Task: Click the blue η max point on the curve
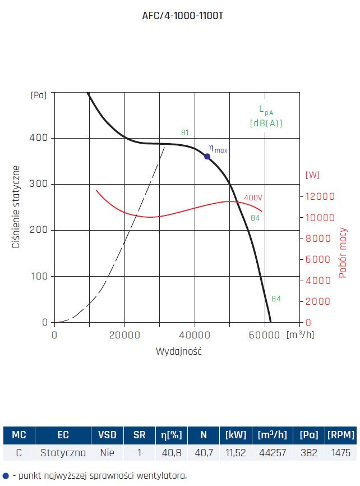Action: coord(207,156)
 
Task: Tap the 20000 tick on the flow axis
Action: coord(124,335)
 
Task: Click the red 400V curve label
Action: coord(253,198)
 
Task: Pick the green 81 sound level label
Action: coord(185,133)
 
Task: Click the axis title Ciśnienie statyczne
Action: coord(17,207)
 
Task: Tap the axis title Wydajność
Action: coord(178,352)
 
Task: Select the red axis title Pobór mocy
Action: coord(343,253)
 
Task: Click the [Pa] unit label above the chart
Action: coord(38,95)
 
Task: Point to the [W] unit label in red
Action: coord(312,175)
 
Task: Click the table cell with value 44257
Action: coord(274,452)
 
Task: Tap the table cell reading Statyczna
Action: coord(63,452)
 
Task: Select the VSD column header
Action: coord(107,434)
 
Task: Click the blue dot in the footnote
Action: coord(6,475)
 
